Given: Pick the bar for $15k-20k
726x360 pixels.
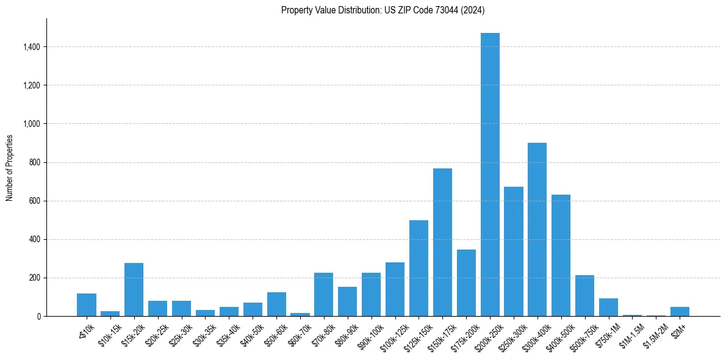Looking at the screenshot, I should pyautogui.click(x=134, y=290).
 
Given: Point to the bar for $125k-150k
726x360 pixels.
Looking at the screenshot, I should pyautogui.click(x=419, y=268).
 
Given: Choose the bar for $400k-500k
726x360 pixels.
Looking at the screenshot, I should pyautogui.click(x=561, y=256).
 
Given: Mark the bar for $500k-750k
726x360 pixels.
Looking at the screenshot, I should pyautogui.click(x=584, y=296).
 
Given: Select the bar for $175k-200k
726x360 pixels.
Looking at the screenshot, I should pyautogui.click(x=466, y=283).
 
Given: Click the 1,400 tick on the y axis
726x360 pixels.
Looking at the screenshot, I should pyautogui.click(x=32, y=47).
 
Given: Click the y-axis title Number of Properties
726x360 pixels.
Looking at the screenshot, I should pyautogui.click(x=10, y=167).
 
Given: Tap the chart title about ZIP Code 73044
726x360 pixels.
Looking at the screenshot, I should pyautogui.click(x=383, y=10).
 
